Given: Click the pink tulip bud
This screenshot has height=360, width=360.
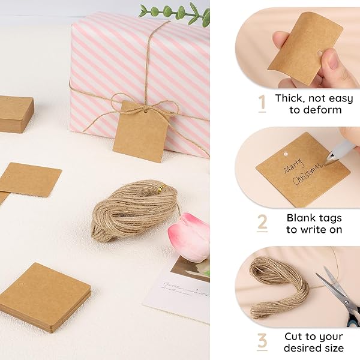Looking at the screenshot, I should tap(189, 237).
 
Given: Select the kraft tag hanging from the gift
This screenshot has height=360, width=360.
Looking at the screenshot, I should tap(139, 131).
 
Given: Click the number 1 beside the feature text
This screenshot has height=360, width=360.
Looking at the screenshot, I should tap(262, 104).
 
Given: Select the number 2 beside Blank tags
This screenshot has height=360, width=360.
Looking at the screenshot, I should tap(262, 223).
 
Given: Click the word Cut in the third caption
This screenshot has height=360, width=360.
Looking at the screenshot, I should tap(294, 337).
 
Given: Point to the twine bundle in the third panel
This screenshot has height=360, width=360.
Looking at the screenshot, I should tap(278, 287).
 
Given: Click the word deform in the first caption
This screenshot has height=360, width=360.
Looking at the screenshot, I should tap(324, 110).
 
